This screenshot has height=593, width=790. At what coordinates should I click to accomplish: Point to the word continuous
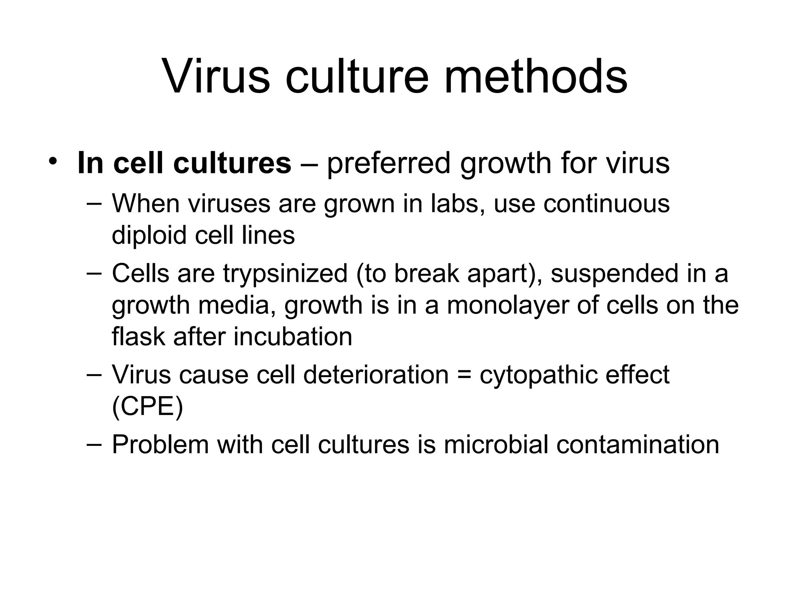606,203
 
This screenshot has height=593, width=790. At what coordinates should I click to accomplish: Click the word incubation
293,336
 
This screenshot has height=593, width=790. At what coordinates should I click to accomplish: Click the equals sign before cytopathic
464,375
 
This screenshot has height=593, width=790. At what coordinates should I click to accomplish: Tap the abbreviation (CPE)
147,406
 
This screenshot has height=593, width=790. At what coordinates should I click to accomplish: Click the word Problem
160,444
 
